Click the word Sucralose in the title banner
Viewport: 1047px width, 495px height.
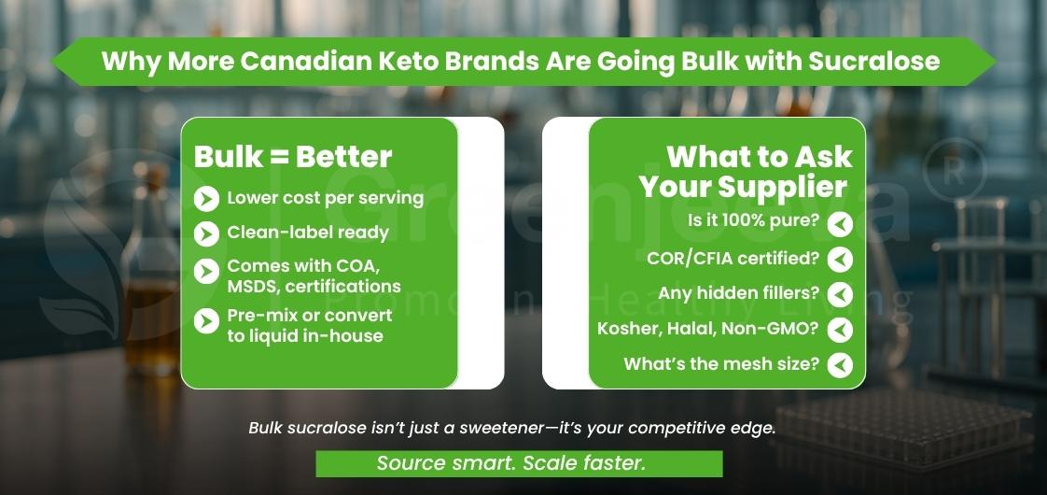(x=874, y=62)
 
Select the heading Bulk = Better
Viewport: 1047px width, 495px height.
(x=293, y=157)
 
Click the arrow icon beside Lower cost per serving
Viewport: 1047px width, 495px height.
(x=205, y=198)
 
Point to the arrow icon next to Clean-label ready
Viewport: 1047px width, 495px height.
(x=205, y=233)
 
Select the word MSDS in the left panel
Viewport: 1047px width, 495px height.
(x=253, y=286)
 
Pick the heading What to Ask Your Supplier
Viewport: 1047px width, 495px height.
(x=746, y=171)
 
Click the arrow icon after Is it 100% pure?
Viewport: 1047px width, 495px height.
(x=840, y=224)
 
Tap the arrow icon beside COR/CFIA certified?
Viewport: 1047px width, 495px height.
(x=840, y=259)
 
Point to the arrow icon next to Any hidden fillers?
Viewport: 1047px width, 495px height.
(x=840, y=294)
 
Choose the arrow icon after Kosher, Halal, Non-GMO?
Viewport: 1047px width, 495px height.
(x=840, y=330)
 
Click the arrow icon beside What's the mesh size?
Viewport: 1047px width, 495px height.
(x=840, y=364)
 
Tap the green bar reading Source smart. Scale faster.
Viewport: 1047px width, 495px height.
(x=519, y=463)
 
